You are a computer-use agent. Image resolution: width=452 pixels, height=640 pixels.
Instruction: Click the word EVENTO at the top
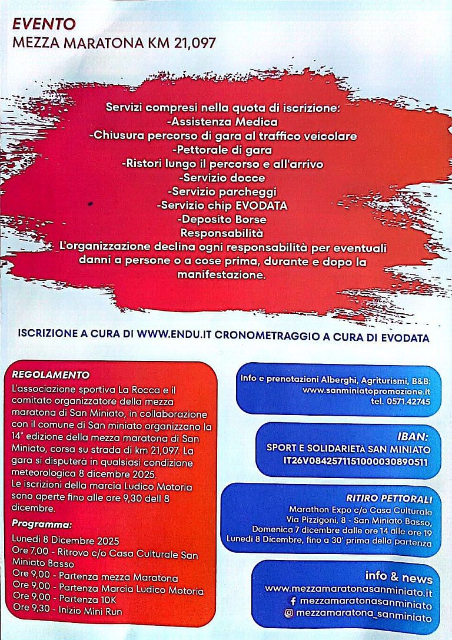[44, 24]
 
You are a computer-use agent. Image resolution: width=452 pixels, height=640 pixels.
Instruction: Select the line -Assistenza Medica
[222, 122]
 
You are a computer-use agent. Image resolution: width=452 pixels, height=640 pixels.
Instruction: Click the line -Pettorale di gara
[222, 150]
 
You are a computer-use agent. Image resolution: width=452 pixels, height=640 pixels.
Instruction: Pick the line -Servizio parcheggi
[222, 191]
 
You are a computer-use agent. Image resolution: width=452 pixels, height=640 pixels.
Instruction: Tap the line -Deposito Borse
[222, 219]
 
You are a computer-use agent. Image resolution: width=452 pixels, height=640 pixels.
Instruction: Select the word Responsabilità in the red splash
[222, 233]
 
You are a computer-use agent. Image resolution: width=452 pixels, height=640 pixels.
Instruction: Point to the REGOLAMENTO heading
[51, 374]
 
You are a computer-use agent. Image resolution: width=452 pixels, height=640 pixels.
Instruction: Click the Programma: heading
[42, 524]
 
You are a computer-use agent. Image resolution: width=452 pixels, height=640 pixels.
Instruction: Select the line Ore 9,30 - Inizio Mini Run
[67, 612]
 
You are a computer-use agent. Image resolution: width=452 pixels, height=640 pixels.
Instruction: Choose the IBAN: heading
[412, 437]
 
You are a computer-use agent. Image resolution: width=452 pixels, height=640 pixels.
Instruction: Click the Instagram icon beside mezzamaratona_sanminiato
[289, 614]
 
